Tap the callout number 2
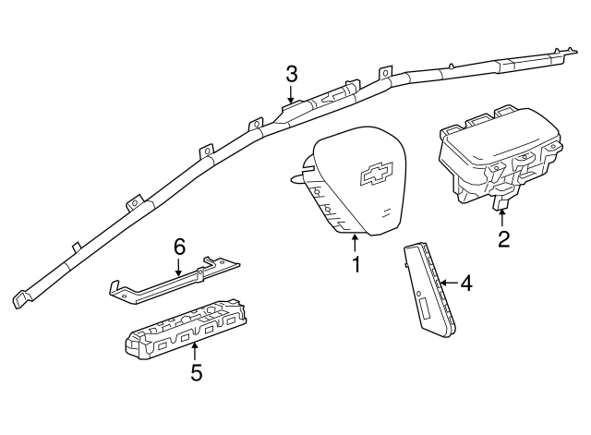click(x=503, y=240)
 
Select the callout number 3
click(x=292, y=73)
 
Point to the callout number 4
click(x=466, y=283)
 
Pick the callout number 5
click(x=196, y=372)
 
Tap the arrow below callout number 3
click(x=292, y=94)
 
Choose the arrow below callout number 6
click(x=180, y=267)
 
